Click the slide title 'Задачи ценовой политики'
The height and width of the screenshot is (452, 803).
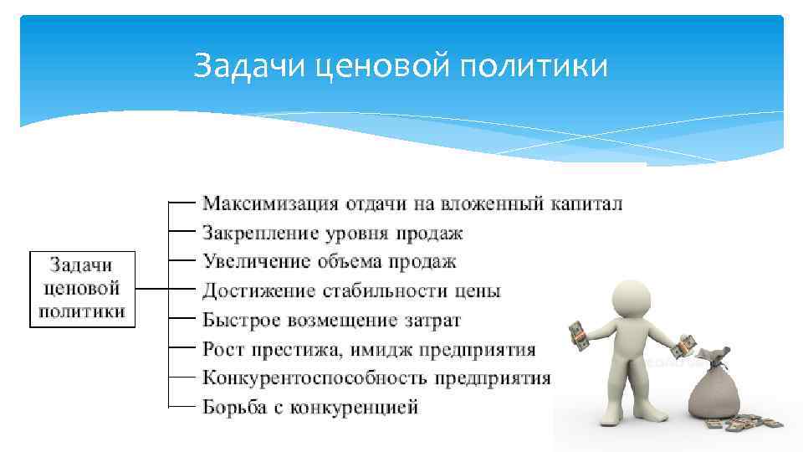[401, 65]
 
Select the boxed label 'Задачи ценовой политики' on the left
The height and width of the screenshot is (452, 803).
[83, 289]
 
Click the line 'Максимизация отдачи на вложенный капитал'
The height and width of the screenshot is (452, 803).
[412, 203]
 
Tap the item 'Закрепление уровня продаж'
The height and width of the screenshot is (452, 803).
[332, 233]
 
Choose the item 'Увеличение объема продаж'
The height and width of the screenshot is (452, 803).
[330, 262]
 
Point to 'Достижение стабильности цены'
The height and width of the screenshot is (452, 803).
[351, 291]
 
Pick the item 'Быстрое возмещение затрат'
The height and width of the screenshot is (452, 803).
[331, 321]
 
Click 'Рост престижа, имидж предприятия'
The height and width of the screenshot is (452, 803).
[369, 349]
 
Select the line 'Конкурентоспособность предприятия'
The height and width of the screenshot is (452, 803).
[376, 378]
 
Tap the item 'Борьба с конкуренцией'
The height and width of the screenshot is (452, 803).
[309, 408]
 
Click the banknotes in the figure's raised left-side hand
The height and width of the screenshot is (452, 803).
[578, 337]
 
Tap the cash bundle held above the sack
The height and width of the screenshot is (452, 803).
[687, 343]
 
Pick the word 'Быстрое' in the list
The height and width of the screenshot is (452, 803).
[240, 321]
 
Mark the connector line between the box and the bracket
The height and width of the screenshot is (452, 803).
[151, 289]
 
